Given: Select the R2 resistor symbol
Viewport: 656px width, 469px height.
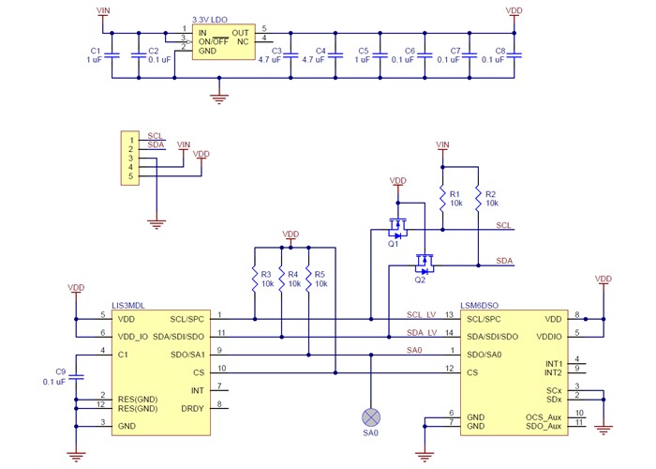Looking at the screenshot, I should pos(478,197).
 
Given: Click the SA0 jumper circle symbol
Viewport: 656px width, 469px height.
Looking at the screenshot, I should pos(371,416).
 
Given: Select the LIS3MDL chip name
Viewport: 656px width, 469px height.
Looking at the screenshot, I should pos(128,305).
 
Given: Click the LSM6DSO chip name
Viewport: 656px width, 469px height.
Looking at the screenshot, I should pos(480,305).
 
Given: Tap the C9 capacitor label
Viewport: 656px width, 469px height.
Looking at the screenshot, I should pos(61,371).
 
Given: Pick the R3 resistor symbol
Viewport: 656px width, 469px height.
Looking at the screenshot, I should pos(254,278).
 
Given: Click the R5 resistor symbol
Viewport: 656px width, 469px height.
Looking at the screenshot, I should pos(308,278).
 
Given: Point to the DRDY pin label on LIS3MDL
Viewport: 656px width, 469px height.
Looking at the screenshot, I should pos(193,407).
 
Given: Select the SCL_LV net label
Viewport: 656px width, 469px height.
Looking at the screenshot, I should pos(422,315).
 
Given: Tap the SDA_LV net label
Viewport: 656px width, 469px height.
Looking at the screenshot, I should pos(422,333).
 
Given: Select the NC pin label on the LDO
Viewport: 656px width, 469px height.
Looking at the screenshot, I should pos(243,41).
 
